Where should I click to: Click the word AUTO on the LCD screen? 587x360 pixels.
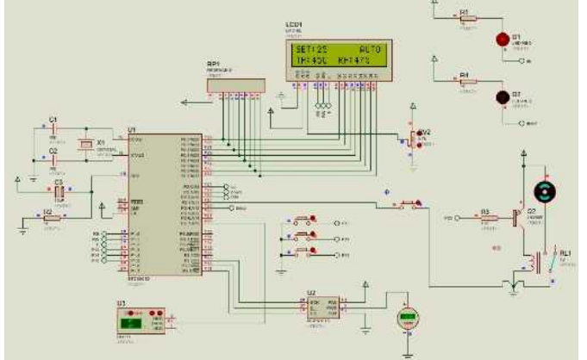click(369, 52)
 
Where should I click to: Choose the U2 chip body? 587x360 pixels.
click(321, 307)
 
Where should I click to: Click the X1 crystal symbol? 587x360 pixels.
click(84, 144)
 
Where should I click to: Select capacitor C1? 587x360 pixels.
click(53, 128)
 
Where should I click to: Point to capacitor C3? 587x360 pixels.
click(59, 193)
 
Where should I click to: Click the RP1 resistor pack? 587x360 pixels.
click(233, 83)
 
